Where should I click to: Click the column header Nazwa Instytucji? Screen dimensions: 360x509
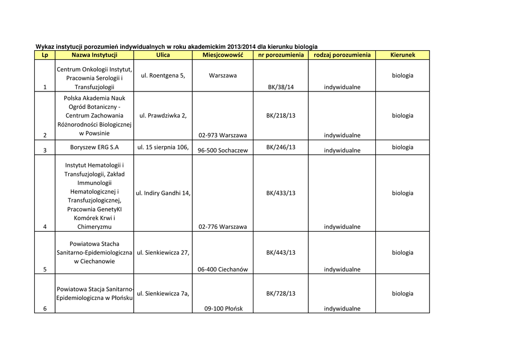pyautogui.click(x=94, y=55)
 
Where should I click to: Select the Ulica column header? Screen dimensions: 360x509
pyautogui.click(x=163, y=55)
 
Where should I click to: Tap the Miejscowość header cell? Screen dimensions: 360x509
pyautogui.click(x=223, y=55)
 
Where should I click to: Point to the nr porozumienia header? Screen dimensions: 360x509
pyautogui.click(x=280, y=55)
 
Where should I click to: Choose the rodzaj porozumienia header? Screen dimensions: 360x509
pyautogui.click(x=342, y=55)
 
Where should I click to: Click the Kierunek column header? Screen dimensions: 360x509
pyautogui.click(x=402, y=55)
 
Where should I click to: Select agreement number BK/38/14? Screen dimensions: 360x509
pyautogui.click(x=281, y=87)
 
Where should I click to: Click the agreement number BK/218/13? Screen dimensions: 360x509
pyautogui.click(x=281, y=115)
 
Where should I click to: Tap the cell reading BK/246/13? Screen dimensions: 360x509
pyautogui.click(x=281, y=147)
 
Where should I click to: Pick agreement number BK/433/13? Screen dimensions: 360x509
pyautogui.click(x=281, y=193)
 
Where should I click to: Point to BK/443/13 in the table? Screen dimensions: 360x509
pyautogui.click(x=281, y=253)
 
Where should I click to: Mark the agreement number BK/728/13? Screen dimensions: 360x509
pyautogui.click(x=281, y=293)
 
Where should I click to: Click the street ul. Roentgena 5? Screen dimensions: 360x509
pyautogui.click(x=163, y=76)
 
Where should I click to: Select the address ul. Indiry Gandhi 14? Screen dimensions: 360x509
pyautogui.click(x=163, y=193)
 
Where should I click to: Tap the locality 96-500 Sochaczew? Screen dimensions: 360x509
pyautogui.click(x=223, y=150)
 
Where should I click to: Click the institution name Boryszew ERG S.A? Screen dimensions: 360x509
pyautogui.click(x=94, y=147)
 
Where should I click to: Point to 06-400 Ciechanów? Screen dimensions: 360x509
pyautogui.click(x=223, y=270)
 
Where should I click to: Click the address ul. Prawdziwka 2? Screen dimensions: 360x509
pyautogui.click(x=163, y=115)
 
